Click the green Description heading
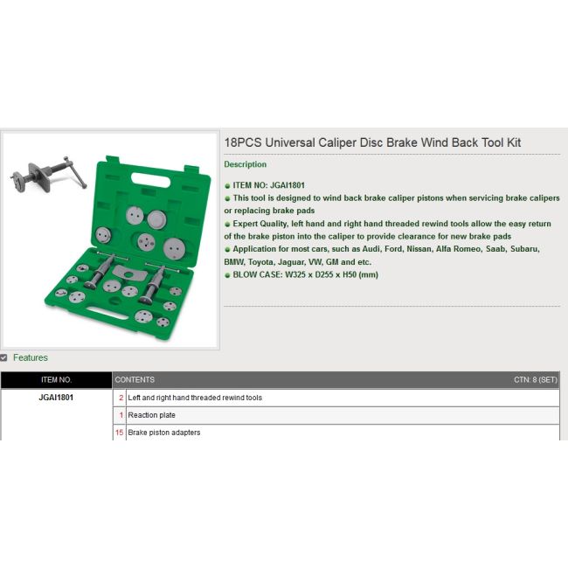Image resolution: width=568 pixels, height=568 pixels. (246, 164)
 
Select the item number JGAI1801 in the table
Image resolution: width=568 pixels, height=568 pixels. (56, 398)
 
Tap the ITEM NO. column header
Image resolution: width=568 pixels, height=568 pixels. (56, 380)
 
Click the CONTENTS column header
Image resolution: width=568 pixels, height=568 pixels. (135, 380)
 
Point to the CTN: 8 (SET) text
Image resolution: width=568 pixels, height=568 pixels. (535, 380)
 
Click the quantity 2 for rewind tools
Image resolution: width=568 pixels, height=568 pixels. (121, 398)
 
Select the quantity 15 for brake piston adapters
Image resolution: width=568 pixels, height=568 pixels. (120, 433)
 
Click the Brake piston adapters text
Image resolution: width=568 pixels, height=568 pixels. (164, 433)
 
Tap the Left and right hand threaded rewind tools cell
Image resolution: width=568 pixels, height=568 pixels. (195, 398)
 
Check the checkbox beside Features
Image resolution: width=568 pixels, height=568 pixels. (4, 357)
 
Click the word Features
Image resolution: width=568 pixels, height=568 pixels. (31, 357)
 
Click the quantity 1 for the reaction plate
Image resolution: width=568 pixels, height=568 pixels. (121, 415)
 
